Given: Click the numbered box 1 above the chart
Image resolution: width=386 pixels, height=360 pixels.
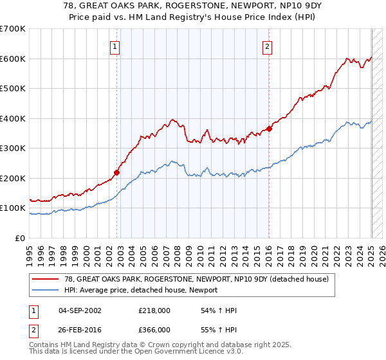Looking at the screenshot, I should tap(115, 46).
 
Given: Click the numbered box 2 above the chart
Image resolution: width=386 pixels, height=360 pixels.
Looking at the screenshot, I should tap(267, 46).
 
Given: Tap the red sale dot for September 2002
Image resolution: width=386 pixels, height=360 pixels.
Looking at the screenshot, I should tap(117, 172).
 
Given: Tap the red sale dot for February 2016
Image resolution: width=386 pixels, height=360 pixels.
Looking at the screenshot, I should tap(269, 129).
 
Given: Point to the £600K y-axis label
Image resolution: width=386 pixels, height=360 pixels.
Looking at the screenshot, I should tap(13, 59).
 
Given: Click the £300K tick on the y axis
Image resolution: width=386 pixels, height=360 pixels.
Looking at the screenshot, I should tap(13, 148).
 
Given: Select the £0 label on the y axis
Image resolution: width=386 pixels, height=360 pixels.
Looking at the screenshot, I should tap(21, 238).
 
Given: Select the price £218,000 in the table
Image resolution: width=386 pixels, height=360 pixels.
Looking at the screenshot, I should tap(154, 310).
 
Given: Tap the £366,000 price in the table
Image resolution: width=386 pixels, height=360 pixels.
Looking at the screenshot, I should tap(154, 328).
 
